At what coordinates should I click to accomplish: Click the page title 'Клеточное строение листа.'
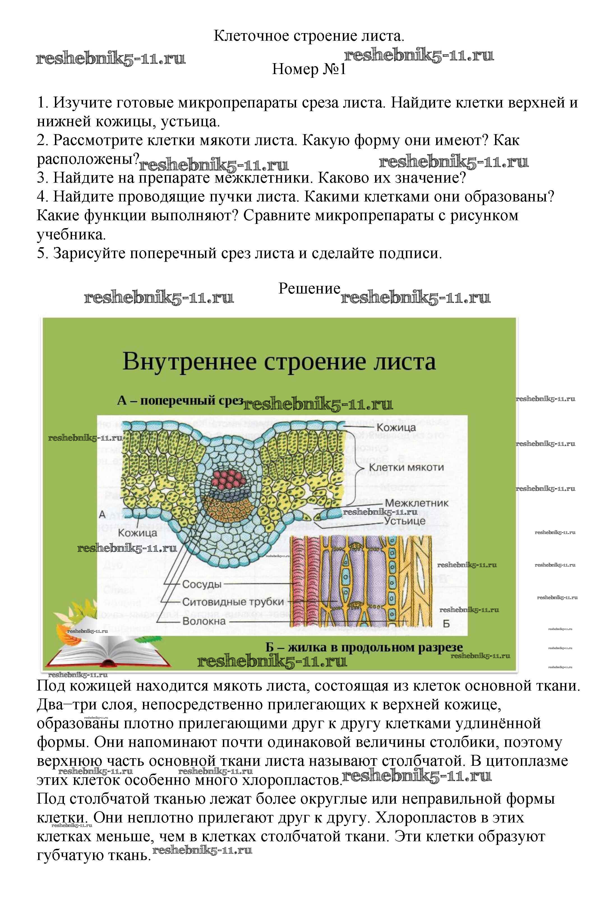(309, 36)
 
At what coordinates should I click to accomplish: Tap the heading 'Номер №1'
(309, 69)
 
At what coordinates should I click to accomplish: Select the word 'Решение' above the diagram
(309, 288)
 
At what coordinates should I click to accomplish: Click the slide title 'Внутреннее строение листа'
(279, 361)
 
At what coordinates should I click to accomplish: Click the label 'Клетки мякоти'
(406, 467)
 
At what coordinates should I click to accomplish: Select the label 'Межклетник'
(417, 503)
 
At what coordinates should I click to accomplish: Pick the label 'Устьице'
(405, 521)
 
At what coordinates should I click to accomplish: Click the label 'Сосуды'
(202, 584)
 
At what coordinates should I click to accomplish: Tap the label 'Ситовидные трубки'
(233, 602)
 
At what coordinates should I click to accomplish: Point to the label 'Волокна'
(204, 621)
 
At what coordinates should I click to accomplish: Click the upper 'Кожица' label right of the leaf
(396, 428)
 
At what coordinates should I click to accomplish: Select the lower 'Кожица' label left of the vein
(137, 533)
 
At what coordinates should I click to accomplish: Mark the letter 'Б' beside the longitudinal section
(446, 624)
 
